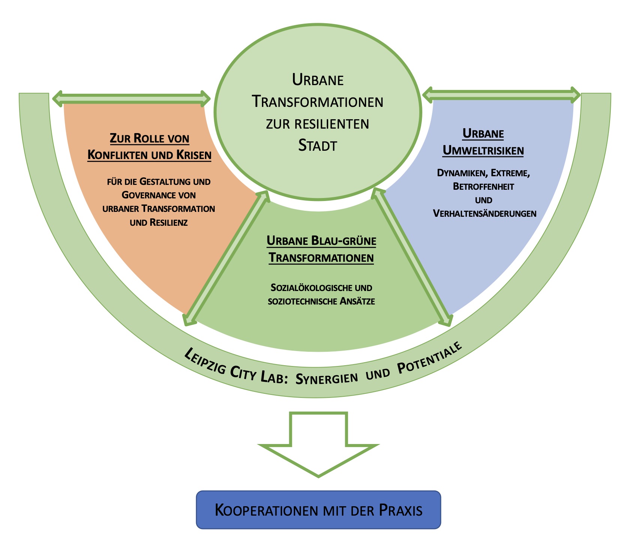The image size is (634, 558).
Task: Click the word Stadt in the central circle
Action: pos(318,145)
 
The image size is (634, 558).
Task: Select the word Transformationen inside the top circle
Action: pos(318,102)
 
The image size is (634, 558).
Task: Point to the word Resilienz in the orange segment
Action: pos(168,222)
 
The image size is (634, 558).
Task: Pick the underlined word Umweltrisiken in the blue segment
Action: pos(483,150)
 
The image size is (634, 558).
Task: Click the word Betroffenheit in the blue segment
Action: pos(483,186)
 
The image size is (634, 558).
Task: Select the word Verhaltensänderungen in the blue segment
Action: pos(484,213)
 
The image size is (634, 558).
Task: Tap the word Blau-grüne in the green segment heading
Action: pos(344,241)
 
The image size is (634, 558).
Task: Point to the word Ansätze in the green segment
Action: pos(357,301)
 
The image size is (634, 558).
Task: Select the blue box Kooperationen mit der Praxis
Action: pos(318,510)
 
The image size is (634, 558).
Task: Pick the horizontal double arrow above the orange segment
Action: pos(131,98)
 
